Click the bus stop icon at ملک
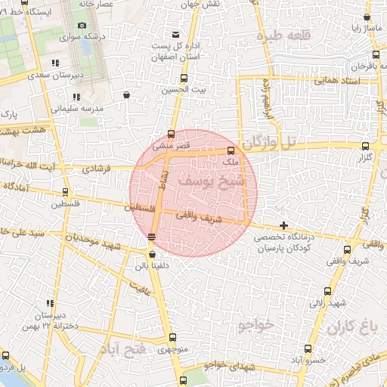(x=231, y=150)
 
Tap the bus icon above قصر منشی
(x=171, y=134)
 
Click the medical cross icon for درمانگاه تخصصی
(x=283, y=224)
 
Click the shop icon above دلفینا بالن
(x=155, y=253)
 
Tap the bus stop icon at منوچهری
(x=173, y=338)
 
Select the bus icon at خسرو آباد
(x=308, y=348)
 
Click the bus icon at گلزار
(x=366, y=146)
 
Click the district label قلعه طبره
(x=280, y=36)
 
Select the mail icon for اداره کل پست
(x=176, y=35)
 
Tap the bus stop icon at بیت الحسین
(x=184, y=78)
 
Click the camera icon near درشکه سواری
(x=82, y=25)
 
